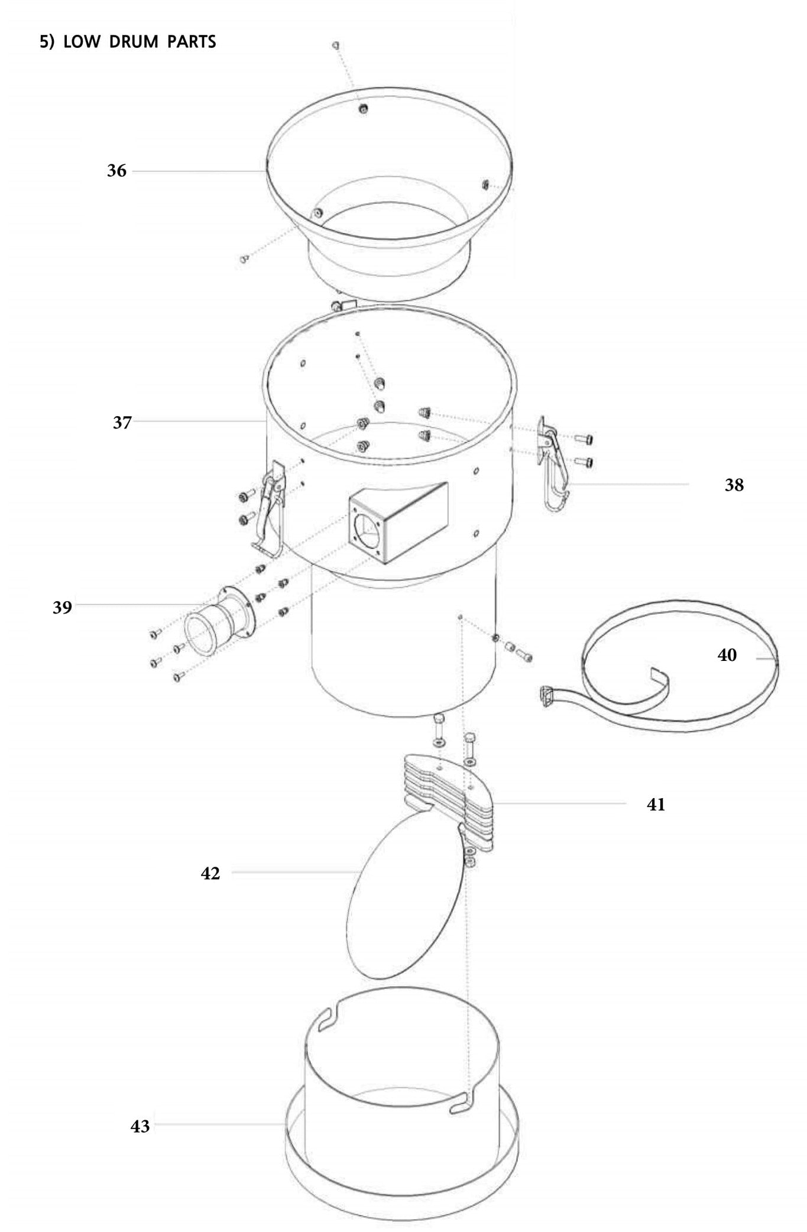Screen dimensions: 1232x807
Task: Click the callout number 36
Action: coord(116,171)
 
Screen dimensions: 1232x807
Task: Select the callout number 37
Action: coord(122,423)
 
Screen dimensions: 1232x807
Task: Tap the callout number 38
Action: coord(734,485)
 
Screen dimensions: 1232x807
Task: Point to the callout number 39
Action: coord(62,607)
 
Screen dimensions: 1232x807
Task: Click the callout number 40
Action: coord(727,655)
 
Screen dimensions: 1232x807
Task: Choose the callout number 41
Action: coord(656,805)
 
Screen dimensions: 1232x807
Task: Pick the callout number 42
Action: coord(210,873)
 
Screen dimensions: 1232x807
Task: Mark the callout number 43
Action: coord(140,1126)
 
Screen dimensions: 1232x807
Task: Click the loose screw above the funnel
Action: coord(335,45)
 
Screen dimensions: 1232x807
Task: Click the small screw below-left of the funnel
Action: coord(243,258)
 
